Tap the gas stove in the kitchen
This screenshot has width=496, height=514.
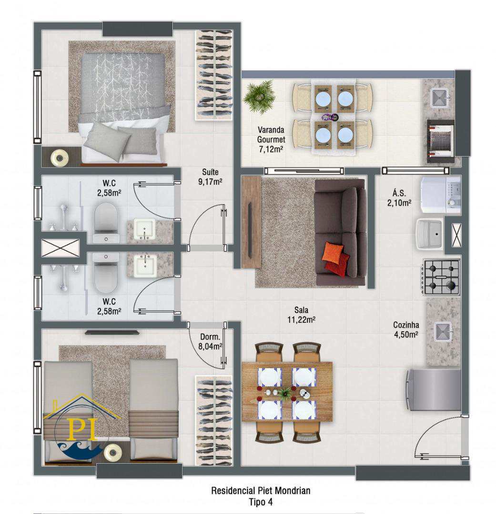tap(442, 277)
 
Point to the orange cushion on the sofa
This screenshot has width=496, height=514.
tap(333, 252)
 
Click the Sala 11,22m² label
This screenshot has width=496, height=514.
tap(301, 315)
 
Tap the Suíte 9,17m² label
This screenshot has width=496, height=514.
tap(210, 177)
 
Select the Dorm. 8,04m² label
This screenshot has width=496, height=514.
tap(210, 342)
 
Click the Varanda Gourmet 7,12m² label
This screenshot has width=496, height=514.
tap(271, 139)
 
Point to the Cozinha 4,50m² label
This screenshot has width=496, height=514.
tap(406, 329)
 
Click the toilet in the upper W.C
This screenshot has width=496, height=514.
tap(106, 222)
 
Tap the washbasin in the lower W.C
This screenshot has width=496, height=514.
tap(145, 265)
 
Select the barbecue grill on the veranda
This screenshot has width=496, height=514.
tap(441, 141)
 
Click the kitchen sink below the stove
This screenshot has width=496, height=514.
tap(443, 331)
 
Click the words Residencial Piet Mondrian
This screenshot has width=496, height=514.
tap(261, 491)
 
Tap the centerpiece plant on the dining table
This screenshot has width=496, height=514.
tap(284, 392)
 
